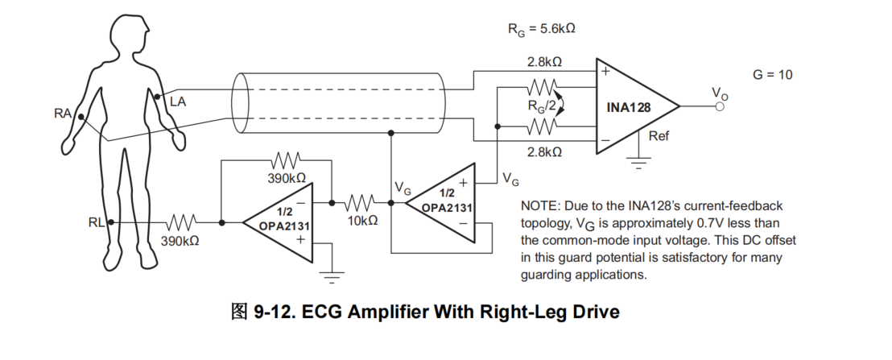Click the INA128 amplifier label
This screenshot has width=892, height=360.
pyautogui.click(x=628, y=107)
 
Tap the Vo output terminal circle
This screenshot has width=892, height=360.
pyautogui.click(x=720, y=106)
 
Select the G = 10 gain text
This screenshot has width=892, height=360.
pyautogui.click(x=773, y=75)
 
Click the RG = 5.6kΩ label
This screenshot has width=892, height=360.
pyautogui.click(x=541, y=29)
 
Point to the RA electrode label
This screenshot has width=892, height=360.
pyautogui.click(x=63, y=114)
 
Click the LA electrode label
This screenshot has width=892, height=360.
pyautogui.click(x=177, y=102)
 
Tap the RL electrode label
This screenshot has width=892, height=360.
pyautogui.click(x=96, y=222)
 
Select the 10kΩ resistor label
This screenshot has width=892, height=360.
pyautogui.click(x=362, y=220)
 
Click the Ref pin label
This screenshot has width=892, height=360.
pyautogui.click(x=659, y=136)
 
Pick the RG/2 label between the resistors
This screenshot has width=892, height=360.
pyautogui.click(x=542, y=106)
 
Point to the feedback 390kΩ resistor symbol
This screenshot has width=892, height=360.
pyautogui.click(x=286, y=159)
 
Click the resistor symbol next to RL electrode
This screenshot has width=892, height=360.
pyautogui.click(x=181, y=222)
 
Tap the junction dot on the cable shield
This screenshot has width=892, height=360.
pyautogui.click(x=390, y=133)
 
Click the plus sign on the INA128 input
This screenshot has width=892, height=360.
pyautogui.click(x=605, y=72)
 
